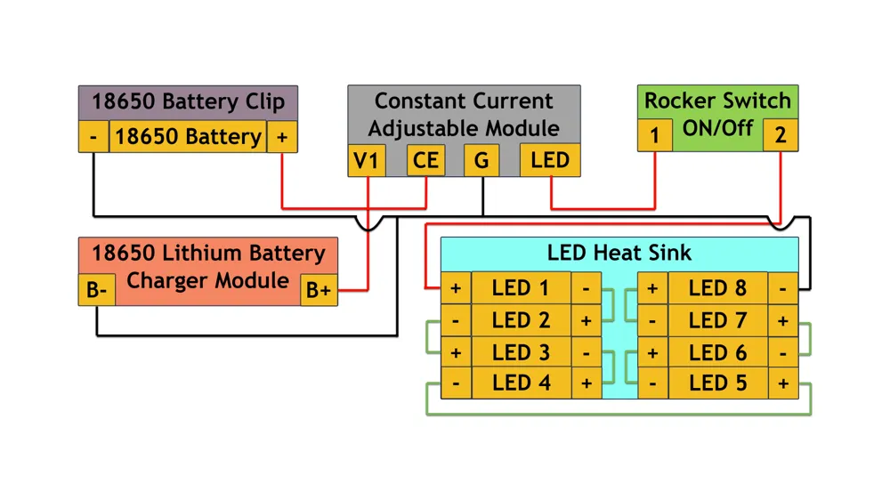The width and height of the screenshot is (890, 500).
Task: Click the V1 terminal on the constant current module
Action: tap(367, 160)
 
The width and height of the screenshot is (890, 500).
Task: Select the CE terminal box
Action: tap(425, 160)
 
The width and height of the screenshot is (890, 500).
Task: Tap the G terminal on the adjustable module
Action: tap(481, 160)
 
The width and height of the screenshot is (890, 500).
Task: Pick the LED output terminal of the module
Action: tap(550, 160)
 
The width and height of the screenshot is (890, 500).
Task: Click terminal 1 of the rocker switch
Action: tap(654, 135)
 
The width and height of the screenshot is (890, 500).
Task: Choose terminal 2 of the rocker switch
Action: tap(781, 135)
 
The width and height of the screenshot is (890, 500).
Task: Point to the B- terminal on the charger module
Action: tap(96, 290)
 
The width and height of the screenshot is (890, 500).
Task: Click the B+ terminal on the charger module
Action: tap(319, 290)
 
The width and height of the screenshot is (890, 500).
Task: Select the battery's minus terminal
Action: tap(93, 136)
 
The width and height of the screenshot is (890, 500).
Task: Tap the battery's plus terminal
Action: tap(282, 136)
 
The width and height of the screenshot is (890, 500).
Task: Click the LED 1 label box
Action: tap(521, 287)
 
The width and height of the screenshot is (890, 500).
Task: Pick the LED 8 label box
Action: tap(717, 287)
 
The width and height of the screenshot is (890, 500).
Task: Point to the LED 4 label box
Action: tap(521, 383)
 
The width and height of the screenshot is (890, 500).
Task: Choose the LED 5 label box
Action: tap(717, 383)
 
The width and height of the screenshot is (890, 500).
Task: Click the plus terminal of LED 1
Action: tap(456, 287)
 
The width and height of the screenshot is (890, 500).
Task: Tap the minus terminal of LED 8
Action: tap(782, 287)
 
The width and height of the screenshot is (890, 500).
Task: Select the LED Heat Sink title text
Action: tap(619, 253)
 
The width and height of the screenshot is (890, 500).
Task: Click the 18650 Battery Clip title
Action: tap(189, 101)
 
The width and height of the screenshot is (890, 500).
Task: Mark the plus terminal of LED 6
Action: tap(652, 352)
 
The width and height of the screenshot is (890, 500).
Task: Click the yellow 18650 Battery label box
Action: tap(188, 136)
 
